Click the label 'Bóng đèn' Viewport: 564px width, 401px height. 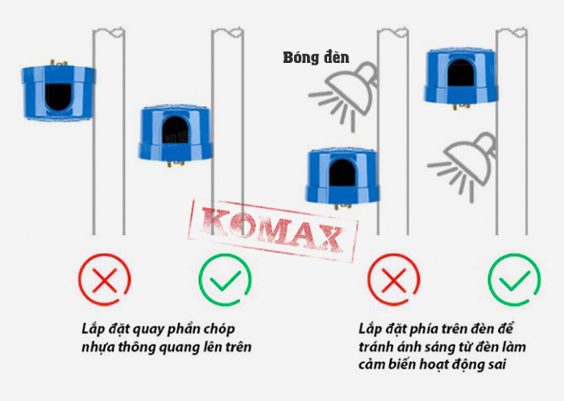[316, 57]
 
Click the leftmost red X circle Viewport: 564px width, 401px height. [105, 280]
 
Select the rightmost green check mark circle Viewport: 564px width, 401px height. [514, 280]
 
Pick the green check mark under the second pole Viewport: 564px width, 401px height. [225, 280]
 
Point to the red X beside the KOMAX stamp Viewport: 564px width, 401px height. [394, 280]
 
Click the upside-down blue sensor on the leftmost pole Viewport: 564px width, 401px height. [59, 91]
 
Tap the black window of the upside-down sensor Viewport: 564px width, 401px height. [58, 97]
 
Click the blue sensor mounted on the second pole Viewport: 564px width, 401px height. [176, 134]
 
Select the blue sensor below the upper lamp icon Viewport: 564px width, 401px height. [342, 178]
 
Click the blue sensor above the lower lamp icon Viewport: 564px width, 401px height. [461, 77]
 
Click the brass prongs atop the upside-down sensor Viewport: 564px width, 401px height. [58, 63]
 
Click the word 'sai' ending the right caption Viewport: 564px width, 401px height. [497, 365]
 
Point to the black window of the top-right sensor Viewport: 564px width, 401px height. [461, 73]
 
